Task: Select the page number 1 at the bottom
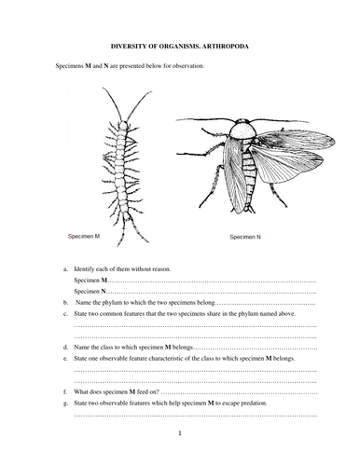click(180, 433)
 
